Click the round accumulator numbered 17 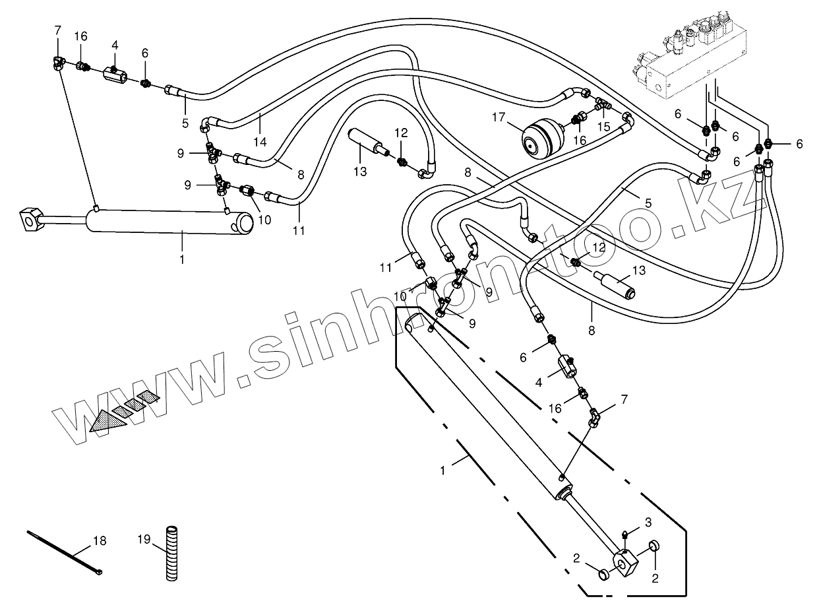pyautogui.click(x=541, y=137)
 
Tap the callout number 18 pyautogui.click(x=99, y=541)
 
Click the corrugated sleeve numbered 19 pyautogui.click(x=171, y=552)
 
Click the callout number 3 pyautogui.click(x=648, y=523)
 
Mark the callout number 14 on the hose pyautogui.click(x=260, y=141)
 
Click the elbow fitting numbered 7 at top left pyautogui.click(x=59, y=63)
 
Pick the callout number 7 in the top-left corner pyautogui.click(x=57, y=30)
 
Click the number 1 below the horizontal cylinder pyautogui.click(x=182, y=260)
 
